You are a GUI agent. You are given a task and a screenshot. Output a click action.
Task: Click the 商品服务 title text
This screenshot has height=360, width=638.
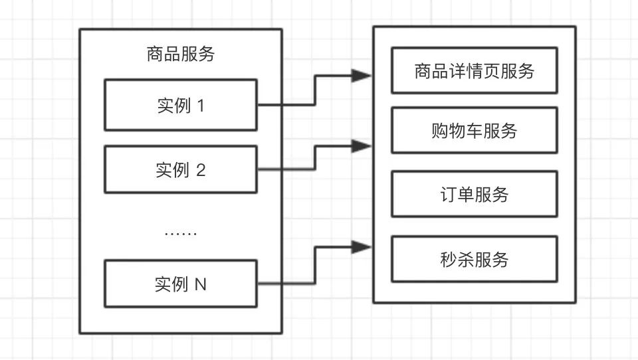click(x=181, y=54)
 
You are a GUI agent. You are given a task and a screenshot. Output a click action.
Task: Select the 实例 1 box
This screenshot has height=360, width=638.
click(x=181, y=105)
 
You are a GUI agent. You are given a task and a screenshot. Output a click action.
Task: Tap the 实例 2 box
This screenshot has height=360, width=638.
click(x=181, y=170)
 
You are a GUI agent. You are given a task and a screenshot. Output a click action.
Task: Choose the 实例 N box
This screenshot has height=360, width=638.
click(x=181, y=284)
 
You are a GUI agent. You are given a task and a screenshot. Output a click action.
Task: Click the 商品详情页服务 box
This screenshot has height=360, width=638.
click(x=475, y=71)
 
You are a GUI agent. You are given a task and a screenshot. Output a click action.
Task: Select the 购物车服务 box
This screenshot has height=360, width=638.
click(x=475, y=131)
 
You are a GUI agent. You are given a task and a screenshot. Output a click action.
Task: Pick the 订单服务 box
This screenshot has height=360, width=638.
click(x=475, y=195)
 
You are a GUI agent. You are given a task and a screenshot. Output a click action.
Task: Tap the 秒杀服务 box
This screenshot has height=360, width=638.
click(x=475, y=259)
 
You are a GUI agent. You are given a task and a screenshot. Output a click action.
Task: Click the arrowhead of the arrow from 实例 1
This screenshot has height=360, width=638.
click(x=362, y=76)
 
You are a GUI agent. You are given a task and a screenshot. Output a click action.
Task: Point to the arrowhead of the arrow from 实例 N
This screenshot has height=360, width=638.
click(x=362, y=248)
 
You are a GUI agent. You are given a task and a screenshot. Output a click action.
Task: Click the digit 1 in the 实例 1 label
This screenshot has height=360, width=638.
click(x=201, y=106)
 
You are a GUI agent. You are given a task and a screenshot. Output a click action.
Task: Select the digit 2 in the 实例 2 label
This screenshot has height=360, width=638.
click(x=201, y=171)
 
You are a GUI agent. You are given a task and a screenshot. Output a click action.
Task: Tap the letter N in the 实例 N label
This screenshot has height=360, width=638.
click(x=200, y=284)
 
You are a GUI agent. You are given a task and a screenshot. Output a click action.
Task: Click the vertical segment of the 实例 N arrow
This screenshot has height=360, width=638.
click(x=315, y=266)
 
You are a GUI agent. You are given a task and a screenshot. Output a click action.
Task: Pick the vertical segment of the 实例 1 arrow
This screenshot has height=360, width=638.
click(x=315, y=90)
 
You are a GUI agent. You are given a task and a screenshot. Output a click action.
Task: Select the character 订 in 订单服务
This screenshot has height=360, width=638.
click(x=449, y=195)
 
